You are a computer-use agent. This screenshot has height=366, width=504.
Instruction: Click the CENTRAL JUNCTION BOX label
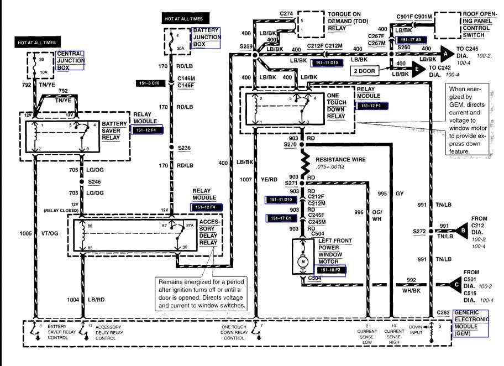coord(70,61)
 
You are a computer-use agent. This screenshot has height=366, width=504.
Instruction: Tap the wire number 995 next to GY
coord(382,194)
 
